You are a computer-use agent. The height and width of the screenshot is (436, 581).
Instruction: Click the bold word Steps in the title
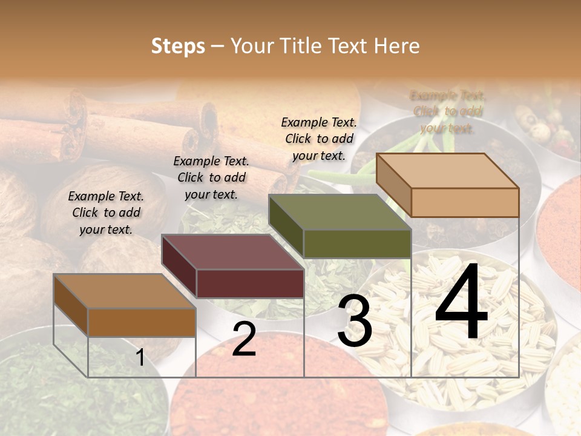point(178,46)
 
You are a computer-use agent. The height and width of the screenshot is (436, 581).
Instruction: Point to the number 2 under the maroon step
point(244,339)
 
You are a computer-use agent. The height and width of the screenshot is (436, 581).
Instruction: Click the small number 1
point(140,357)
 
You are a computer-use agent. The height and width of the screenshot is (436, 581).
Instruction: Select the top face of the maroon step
point(233,252)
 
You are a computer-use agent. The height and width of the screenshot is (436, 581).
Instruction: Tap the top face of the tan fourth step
point(448,171)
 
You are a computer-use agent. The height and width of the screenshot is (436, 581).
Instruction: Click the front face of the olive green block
point(357,244)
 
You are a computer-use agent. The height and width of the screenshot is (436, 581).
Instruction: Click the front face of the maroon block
point(250,284)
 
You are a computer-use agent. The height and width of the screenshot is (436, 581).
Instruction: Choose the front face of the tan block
point(465,202)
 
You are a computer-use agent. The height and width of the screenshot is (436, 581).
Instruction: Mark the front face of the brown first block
point(142,322)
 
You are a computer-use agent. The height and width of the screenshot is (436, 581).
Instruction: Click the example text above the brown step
point(106,213)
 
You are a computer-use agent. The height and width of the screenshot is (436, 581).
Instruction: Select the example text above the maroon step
point(211,177)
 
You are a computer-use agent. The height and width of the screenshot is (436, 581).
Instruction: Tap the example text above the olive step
point(319,139)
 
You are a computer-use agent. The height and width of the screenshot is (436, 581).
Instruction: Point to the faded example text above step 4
point(448,111)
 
